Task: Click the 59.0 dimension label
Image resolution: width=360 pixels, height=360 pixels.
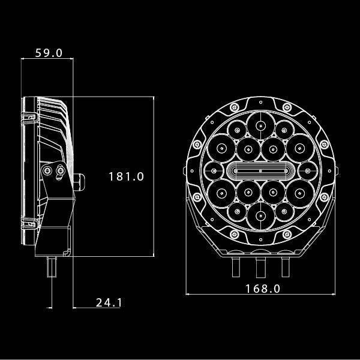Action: tap(49, 53)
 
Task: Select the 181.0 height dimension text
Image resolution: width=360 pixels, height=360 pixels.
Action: tap(127, 176)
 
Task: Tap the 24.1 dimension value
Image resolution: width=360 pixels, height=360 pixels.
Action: tap(109, 302)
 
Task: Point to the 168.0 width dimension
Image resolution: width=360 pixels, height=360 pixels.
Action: tap(263, 289)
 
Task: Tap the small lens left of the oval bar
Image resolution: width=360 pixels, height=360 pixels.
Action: tap(214, 172)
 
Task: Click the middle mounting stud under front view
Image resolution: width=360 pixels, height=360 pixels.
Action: tap(261, 267)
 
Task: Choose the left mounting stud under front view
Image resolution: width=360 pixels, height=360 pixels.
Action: tap(236, 267)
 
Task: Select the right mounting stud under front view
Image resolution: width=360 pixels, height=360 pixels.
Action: tap(286, 267)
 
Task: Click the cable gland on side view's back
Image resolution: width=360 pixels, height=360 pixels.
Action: tap(80, 179)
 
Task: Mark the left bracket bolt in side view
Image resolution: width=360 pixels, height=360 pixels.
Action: tap(48, 172)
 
